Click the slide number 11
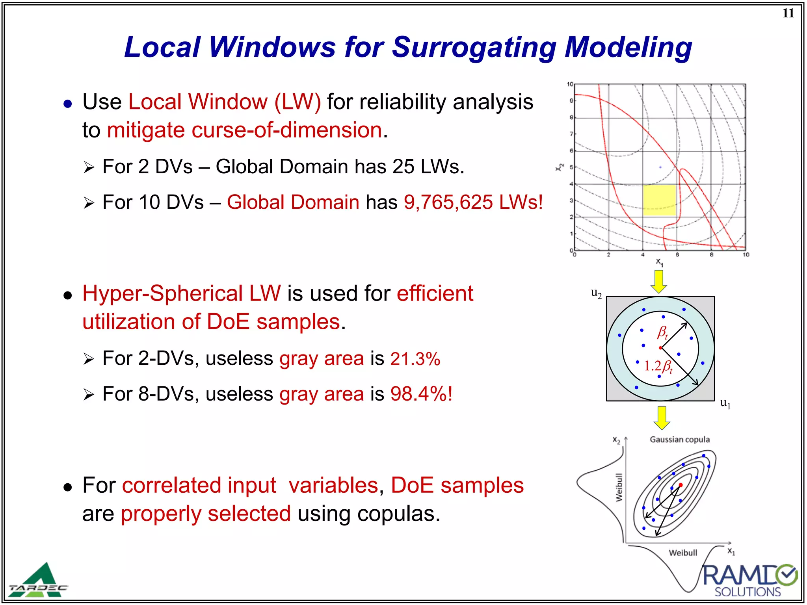(788, 13)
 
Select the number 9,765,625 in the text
(448, 202)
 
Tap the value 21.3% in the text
(415, 359)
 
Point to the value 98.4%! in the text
(421, 394)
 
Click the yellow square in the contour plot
(659, 200)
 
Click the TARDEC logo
(39, 581)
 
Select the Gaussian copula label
(680, 440)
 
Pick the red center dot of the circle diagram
(660, 348)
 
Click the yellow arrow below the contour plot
(659, 281)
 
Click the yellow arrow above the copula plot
(662, 418)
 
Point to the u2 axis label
(596, 293)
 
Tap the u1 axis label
(725, 403)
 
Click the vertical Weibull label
(619, 488)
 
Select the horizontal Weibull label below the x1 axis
(683, 553)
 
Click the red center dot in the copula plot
(681, 485)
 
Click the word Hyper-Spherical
(181, 293)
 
